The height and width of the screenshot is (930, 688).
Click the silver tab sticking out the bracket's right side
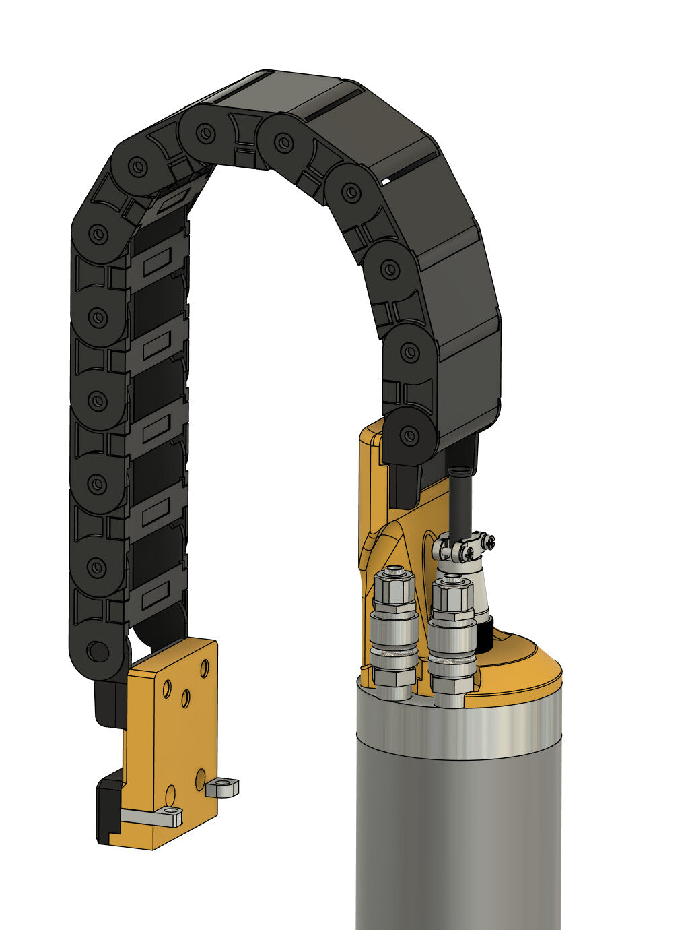(x=224, y=786)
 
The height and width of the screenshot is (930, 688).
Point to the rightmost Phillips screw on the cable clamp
(x=489, y=540)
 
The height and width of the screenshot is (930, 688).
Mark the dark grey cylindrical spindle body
(x=458, y=842)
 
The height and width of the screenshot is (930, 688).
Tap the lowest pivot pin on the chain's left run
(x=97, y=651)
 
